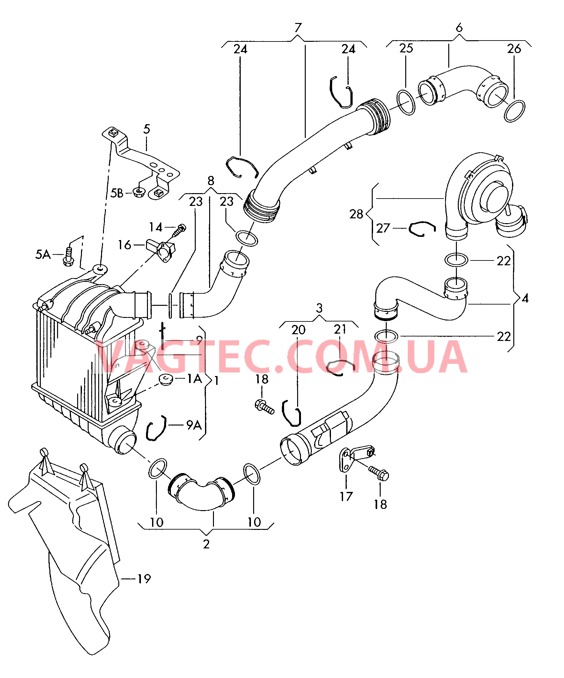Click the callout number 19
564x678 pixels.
click(x=144, y=579)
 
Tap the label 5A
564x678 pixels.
click(x=43, y=254)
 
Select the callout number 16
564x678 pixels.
click(x=124, y=245)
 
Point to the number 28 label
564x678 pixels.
click(x=356, y=214)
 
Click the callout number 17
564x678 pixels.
click(x=346, y=497)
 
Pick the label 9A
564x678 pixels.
click(x=194, y=425)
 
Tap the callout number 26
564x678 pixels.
click(x=514, y=49)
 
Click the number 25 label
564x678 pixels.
click(x=406, y=49)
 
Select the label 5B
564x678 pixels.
click(x=117, y=193)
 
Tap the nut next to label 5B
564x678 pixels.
click(x=139, y=193)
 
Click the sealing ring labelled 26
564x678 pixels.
click(x=514, y=111)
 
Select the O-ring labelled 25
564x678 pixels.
click(x=406, y=102)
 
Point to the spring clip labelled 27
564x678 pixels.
click(x=422, y=228)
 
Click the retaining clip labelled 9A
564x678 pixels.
click(x=156, y=428)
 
